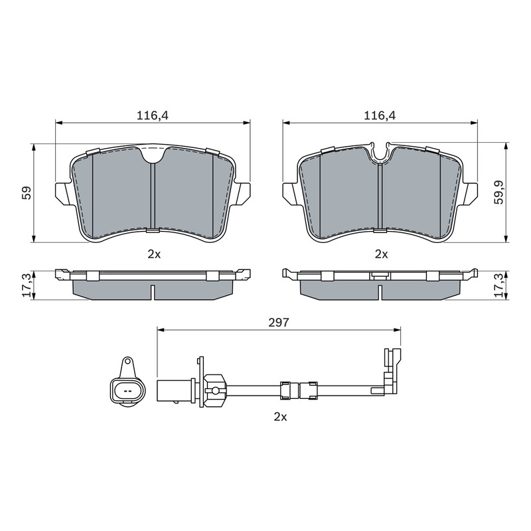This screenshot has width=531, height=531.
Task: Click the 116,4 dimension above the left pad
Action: point(153,115)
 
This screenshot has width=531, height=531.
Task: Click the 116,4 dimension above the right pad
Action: point(380,115)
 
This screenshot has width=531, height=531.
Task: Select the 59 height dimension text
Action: point(27,192)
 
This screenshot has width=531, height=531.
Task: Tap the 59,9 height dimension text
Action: point(499,192)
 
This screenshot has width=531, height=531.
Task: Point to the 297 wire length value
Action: point(278,323)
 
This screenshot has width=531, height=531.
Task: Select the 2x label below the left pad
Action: point(154,254)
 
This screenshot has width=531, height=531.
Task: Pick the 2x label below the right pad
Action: point(381,254)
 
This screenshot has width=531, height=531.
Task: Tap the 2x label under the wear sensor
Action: point(280,417)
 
